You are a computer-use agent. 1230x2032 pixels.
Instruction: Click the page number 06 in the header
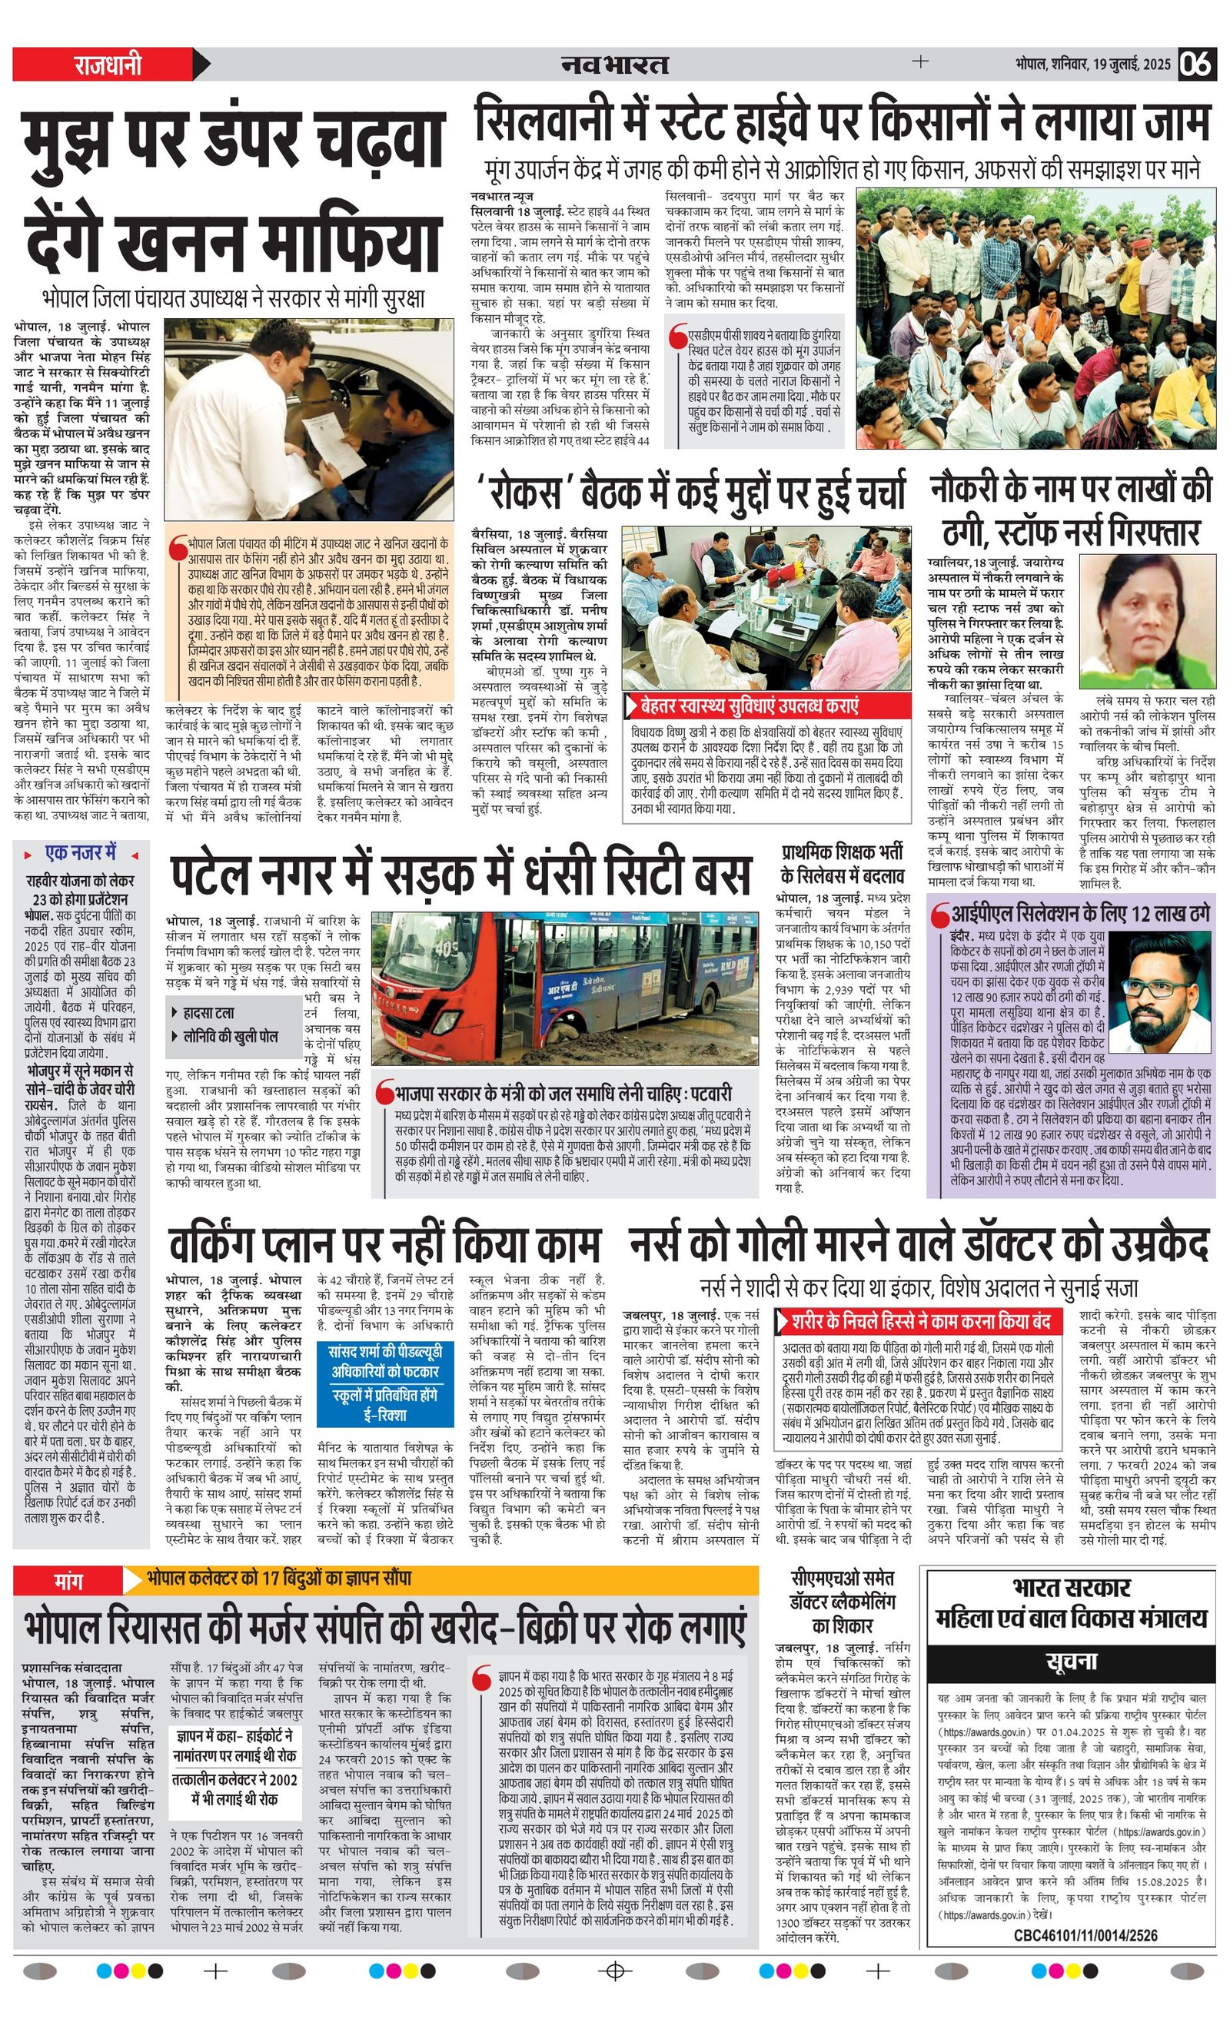pos(1196,64)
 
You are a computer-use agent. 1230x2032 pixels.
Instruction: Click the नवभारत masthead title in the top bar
pos(614,64)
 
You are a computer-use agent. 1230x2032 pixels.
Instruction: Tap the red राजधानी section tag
pos(108,65)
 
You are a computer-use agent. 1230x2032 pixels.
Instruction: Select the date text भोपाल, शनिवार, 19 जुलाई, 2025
pos(1092,65)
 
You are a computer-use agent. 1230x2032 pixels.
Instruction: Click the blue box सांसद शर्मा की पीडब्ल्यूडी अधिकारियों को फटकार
pos(385,1363)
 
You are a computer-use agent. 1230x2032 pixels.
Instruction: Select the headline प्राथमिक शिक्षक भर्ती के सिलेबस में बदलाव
pos(843,863)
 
